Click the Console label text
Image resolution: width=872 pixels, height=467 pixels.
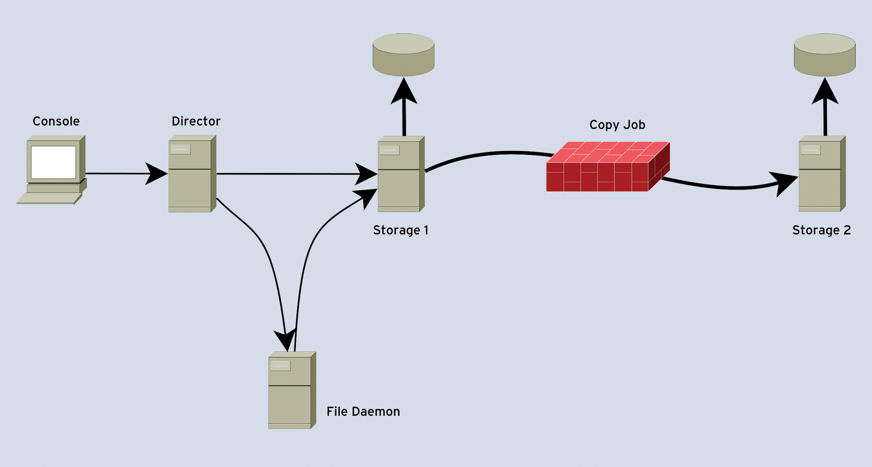56,121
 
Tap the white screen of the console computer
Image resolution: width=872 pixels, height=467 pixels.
53,162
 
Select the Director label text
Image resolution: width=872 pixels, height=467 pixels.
196,121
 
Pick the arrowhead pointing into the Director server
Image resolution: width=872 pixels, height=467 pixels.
157,173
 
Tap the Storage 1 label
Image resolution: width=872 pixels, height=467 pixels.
400,230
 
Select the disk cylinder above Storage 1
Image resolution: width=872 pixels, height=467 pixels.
403,54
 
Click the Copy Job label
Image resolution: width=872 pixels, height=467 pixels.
617,125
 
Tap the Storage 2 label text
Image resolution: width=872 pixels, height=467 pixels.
821,230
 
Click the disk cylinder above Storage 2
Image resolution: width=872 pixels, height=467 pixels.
824,54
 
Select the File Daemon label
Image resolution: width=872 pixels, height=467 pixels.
363,412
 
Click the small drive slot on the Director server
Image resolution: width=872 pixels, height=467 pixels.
180,149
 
